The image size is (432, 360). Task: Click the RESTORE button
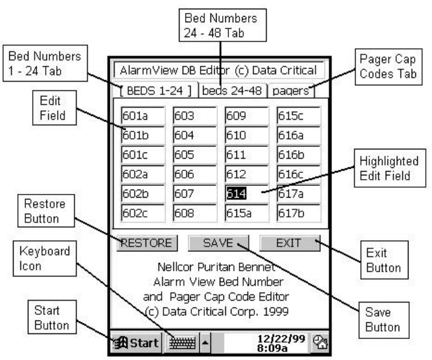(x=147, y=243)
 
